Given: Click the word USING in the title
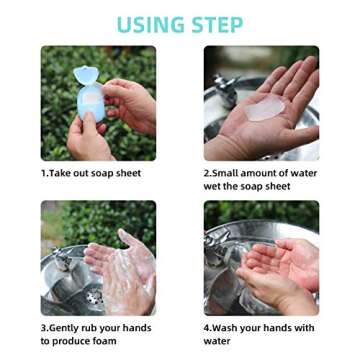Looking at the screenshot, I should [x=150, y=24].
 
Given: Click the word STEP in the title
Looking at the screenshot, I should [x=220, y=24].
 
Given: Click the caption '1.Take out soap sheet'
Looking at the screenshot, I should [x=91, y=173].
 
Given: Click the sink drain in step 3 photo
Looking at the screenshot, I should [x=94, y=296].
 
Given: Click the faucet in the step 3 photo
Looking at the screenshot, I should [x=62, y=254].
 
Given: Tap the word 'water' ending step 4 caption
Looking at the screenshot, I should [x=217, y=341].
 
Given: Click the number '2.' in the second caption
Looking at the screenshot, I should [x=208, y=173].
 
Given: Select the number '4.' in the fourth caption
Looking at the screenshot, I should [x=208, y=328].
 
